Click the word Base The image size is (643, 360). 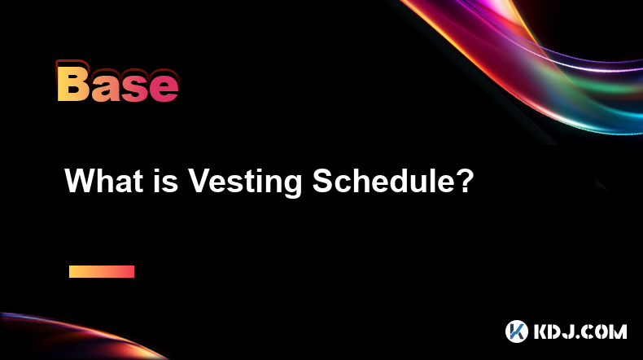pyautogui.click(x=118, y=82)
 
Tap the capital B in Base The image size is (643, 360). pyautogui.click(x=73, y=81)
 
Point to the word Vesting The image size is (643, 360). pyautogui.click(x=245, y=183)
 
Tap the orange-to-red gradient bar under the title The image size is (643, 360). pyautogui.click(x=102, y=271)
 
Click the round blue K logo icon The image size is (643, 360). pyautogui.click(x=516, y=331)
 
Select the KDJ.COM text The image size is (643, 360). pyautogui.click(x=580, y=331)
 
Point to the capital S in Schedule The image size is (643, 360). pyautogui.click(x=323, y=181)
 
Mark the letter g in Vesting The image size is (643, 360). pyautogui.click(x=292, y=186)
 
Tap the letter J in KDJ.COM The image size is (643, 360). pyautogui.click(x=570, y=331)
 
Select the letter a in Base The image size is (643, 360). pyautogui.click(x=105, y=87)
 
